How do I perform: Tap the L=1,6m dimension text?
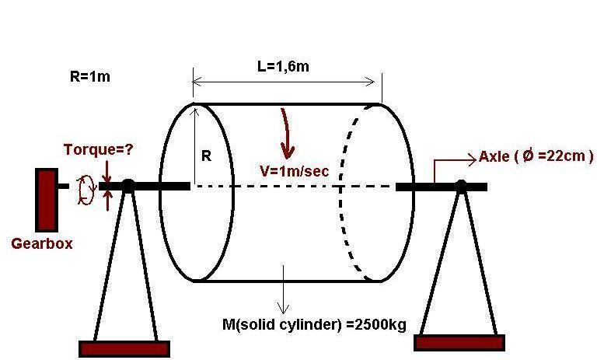click(x=283, y=66)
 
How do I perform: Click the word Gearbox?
click(x=42, y=243)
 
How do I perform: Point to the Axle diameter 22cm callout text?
click(x=536, y=156)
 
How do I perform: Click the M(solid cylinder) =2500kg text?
click(x=314, y=323)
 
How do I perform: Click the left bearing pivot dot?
click(x=128, y=186)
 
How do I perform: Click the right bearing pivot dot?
click(x=461, y=186)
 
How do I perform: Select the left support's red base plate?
click(x=124, y=348)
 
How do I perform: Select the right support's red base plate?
click(x=459, y=342)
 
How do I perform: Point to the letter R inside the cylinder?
click(x=206, y=156)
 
